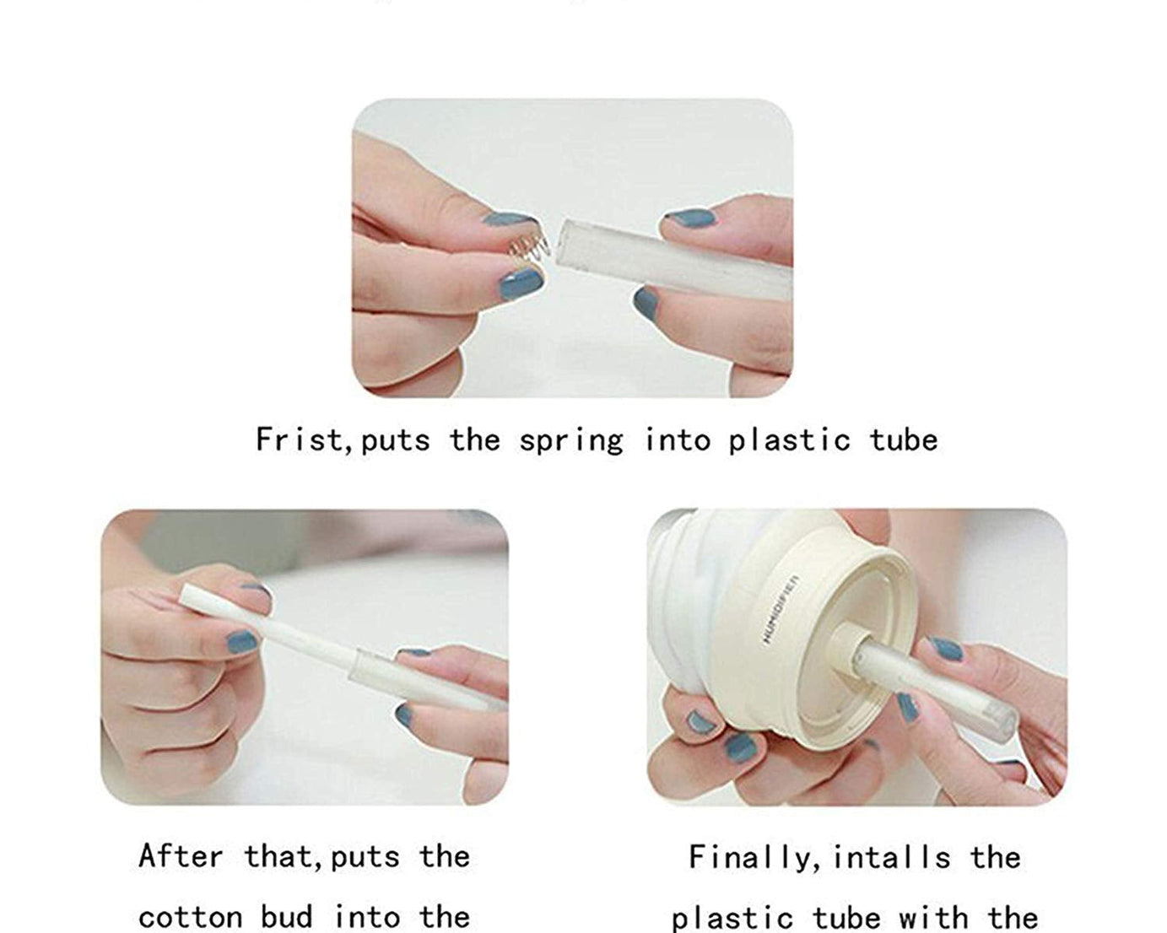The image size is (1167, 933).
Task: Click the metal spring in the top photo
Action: coord(529,248)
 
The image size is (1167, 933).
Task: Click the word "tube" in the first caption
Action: coord(904,440)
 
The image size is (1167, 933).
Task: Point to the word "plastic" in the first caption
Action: coord(789,440)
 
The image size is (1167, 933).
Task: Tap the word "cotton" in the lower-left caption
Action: coord(190,918)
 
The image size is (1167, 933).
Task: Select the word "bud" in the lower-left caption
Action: coord(287,916)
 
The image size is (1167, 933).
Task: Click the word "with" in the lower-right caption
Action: coord(933,917)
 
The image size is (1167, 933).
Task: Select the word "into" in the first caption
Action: coord(678,440)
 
